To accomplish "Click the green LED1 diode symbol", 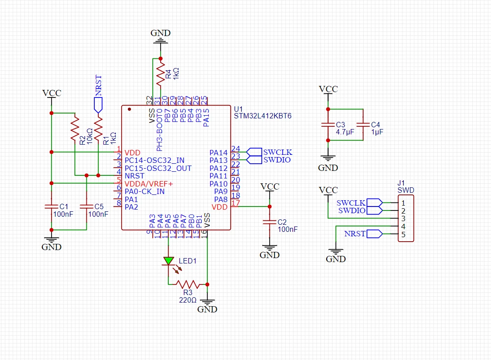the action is [168, 261].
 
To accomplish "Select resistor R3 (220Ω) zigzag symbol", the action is [187, 284].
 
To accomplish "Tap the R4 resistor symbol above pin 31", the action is [161, 74].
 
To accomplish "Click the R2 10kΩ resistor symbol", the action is [75, 129].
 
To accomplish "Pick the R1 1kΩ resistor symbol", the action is [98, 129].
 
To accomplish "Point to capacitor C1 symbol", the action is [51, 206].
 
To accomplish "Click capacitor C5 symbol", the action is [86, 206].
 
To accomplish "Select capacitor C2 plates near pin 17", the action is [270, 222].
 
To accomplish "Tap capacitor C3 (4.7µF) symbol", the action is [328, 125].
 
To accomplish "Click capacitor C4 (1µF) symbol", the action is [363, 125].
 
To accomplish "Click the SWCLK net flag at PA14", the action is [254, 152].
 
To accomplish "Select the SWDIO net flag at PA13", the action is [254, 160].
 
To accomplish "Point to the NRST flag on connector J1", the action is [374, 234].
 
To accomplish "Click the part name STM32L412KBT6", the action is [263, 116].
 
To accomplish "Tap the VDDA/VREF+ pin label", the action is [149, 184].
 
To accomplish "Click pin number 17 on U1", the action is [235, 203].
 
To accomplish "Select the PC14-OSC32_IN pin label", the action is [154, 160].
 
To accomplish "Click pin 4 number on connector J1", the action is [403, 227].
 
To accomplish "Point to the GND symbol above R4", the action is [161, 37].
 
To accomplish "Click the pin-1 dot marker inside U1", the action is [130, 109].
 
